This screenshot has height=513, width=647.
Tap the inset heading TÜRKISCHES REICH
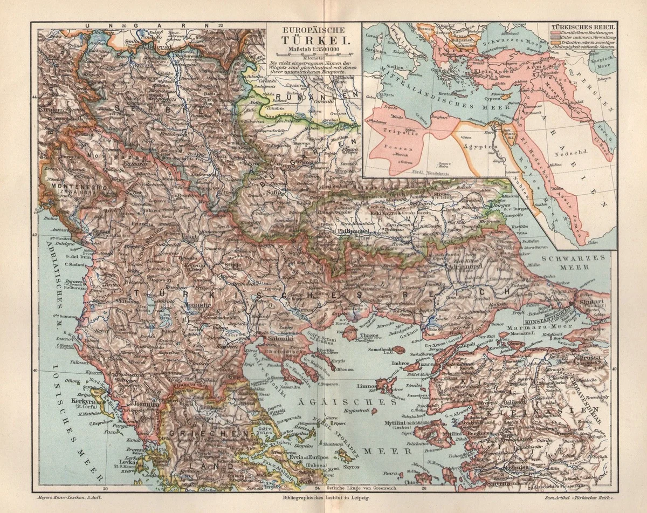point(583,26)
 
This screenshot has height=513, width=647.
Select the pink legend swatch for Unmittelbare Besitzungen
point(554,32)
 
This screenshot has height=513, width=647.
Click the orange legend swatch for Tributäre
point(554,43)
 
